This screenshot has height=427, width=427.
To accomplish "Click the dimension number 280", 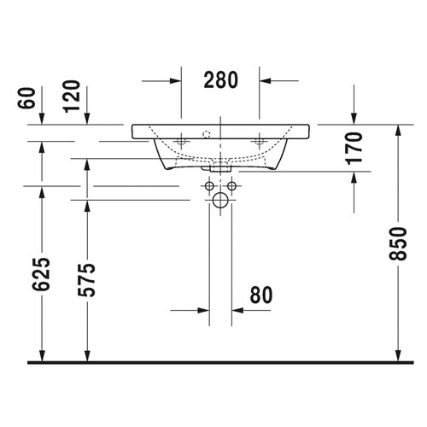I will coord(220,79).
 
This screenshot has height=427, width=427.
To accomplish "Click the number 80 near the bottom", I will coord(260,295).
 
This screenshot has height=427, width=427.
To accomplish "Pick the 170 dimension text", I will coord(354,148).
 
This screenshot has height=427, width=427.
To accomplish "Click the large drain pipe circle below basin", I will coord(220,202).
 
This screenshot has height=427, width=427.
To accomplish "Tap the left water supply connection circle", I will coord(210,184).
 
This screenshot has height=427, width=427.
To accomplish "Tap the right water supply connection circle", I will coord(231,184).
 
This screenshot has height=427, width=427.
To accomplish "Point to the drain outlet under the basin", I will coord(220,167).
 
